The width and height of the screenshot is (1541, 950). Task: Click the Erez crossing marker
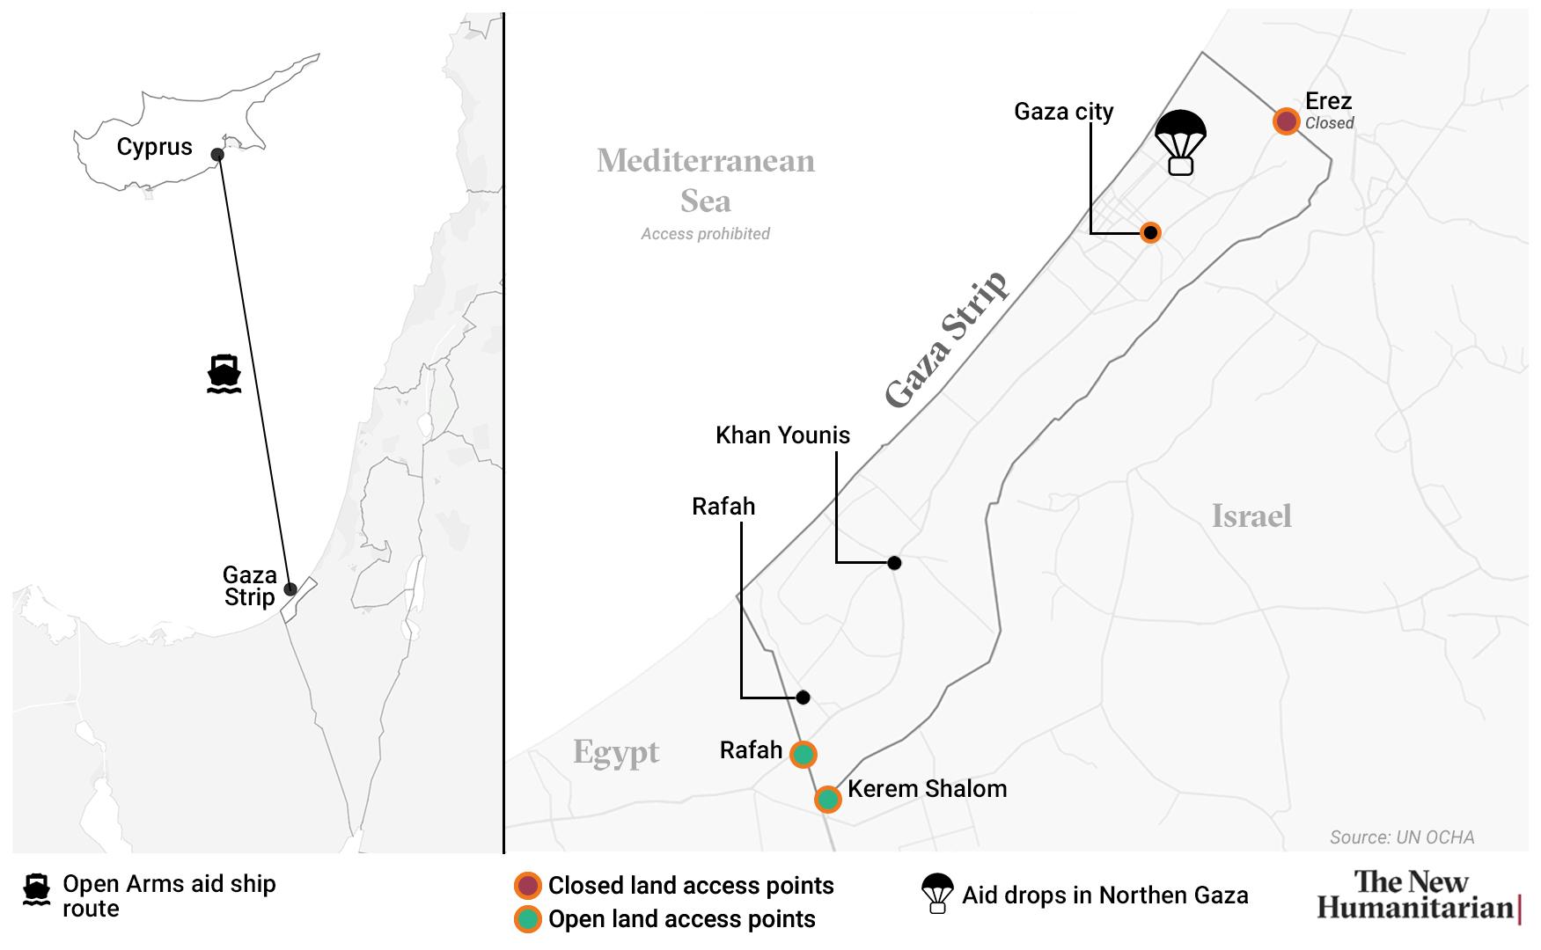1286,121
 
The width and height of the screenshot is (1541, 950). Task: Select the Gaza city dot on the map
1149,233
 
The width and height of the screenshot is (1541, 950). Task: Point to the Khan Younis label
782,435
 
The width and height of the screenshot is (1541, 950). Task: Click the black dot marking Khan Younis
894,563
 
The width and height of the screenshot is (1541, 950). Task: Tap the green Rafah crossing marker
803,755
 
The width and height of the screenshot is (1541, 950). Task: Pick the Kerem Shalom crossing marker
827,799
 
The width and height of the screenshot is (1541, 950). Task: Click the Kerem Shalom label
927,788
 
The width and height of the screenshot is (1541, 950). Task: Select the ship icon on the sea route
224,374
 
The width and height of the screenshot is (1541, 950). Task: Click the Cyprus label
154,147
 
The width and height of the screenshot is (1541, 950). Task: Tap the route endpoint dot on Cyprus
217,155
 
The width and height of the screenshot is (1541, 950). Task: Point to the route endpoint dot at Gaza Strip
290,589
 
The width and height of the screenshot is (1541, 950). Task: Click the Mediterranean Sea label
706,181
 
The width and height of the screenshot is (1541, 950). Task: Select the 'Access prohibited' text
705,234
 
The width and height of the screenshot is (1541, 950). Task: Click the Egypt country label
616,753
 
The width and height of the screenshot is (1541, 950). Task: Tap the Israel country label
1251,516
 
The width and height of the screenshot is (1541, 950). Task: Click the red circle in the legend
527,886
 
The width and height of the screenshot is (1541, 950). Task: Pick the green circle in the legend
527,919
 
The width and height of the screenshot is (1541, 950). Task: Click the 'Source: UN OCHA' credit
1401,837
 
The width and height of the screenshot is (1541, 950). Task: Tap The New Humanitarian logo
1418,895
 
